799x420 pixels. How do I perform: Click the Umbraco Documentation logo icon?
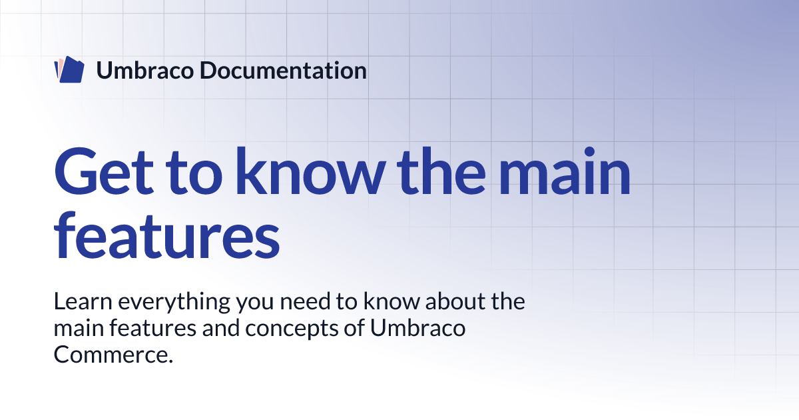[x=69, y=70]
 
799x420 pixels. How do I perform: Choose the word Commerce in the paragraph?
[x=113, y=355]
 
